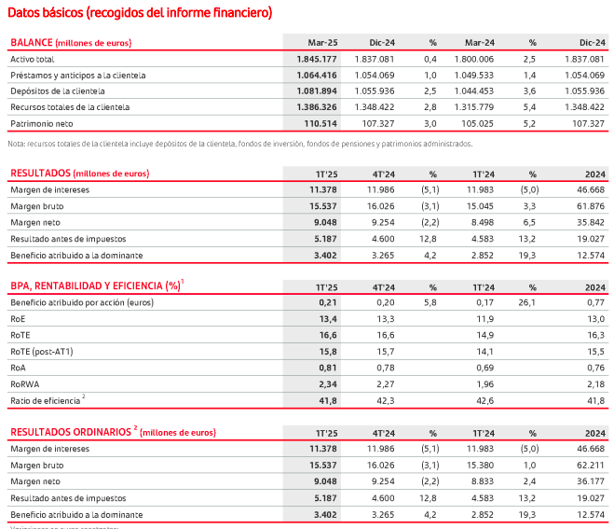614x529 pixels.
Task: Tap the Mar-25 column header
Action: point(321,43)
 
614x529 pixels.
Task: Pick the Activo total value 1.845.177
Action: point(310,59)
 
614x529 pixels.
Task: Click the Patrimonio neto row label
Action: point(43,123)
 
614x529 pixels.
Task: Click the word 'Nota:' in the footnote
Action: point(17,144)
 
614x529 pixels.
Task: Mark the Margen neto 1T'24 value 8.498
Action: point(481,221)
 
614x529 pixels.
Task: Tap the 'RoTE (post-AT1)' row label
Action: point(45,351)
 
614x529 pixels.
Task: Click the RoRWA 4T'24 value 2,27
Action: point(383,383)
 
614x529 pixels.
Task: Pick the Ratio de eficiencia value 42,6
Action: point(485,399)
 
